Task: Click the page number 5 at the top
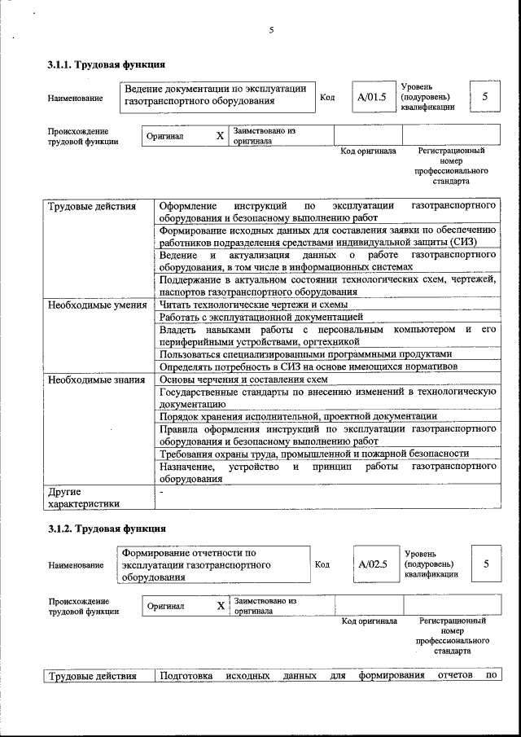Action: coord(272,31)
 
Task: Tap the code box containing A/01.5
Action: coord(371,98)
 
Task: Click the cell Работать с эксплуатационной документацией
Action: coord(260,317)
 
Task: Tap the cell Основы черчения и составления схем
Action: coord(243,379)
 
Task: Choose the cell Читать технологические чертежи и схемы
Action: coord(253,305)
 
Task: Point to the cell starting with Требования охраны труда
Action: coord(314,454)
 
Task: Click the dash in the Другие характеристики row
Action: coord(163,492)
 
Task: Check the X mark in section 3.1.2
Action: coord(221,606)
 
